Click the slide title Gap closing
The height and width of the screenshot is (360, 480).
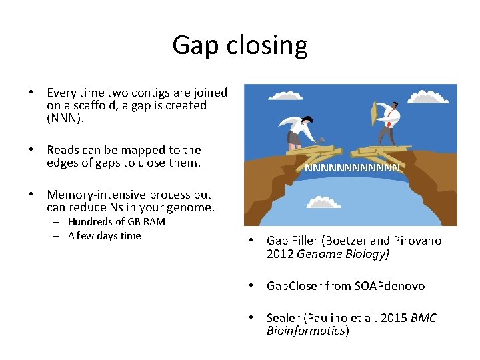[x=240, y=45]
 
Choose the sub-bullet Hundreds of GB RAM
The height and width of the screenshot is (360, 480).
[x=116, y=222]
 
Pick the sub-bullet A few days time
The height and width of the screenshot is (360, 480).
[x=104, y=235]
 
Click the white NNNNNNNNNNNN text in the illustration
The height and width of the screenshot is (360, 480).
[x=352, y=169]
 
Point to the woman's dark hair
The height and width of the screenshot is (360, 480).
[x=307, y=119]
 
